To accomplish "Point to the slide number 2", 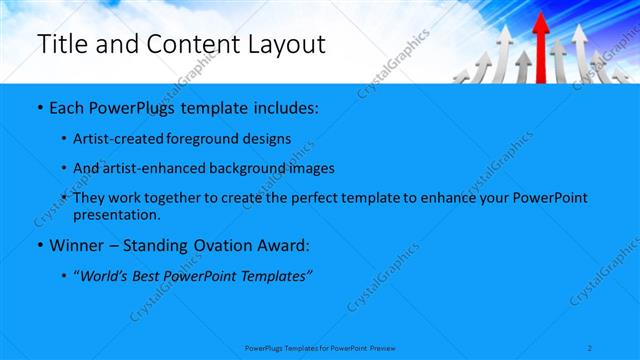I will click(592, 348).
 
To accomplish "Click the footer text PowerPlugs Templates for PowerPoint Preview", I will click(321, 348).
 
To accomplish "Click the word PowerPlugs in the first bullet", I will click(129, 106).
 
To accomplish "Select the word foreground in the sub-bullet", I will click(206, 138).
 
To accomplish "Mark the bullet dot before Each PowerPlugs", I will click(39, 107).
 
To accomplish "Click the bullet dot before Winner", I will click(39, 246).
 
